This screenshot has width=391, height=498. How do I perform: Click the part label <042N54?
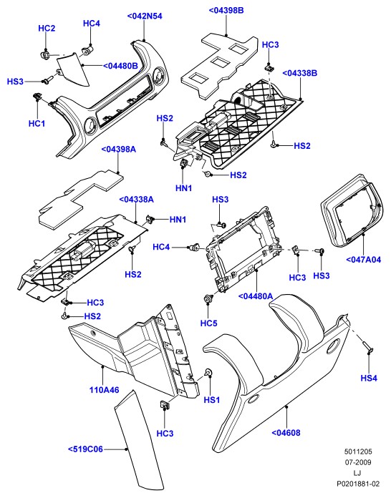click(145, 16)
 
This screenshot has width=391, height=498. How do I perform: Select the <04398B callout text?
click(226, 10)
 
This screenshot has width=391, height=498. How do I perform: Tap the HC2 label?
click(47, 29)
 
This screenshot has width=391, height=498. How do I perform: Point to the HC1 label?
click(37, 124)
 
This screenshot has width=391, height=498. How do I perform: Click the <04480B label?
click(120, 66)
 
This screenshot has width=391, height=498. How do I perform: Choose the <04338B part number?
click(300, 73)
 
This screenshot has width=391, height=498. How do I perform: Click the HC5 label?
click(209, 323)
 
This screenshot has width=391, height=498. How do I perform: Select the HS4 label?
click(369, 378)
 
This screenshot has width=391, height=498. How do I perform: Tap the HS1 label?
click(212, 400)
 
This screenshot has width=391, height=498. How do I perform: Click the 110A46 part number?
click(105, 390)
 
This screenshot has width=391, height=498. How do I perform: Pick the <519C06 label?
click(85, 449)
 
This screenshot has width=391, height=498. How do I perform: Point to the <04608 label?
click(286, 433)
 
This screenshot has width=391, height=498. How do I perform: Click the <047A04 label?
click(363, 260)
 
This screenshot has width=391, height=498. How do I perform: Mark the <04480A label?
click(256, 296)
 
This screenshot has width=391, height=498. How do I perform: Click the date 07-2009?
click(358, 462)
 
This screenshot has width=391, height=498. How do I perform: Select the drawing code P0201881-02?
click(358, 484)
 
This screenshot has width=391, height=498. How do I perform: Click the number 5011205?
click(358, 451)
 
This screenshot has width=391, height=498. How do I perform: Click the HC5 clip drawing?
click(208, 298)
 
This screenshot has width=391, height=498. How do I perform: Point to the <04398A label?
click(119, 149)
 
